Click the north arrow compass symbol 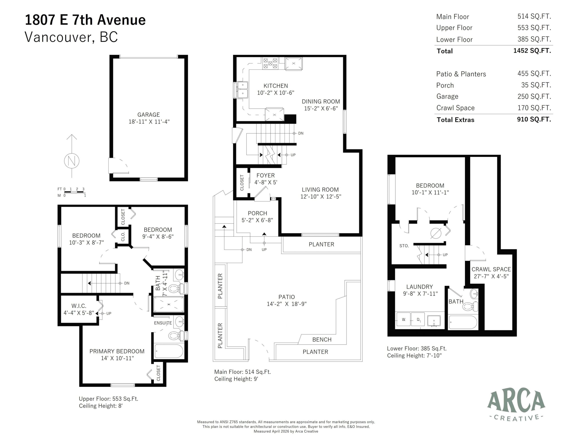coord(72,160)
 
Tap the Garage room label coord(148,115)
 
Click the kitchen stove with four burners coord(270,64)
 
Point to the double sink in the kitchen coord(242,90)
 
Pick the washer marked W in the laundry coord(403,319)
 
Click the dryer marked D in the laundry coord(418,319)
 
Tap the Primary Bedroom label coord(117,351)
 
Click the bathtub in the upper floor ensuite coord(169,351)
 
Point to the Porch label coord(257,213)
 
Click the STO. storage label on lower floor coord(404,246)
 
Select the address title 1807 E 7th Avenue coord(85,20)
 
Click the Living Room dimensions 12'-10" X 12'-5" coord(321,197)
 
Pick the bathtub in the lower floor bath coord(463,322)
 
